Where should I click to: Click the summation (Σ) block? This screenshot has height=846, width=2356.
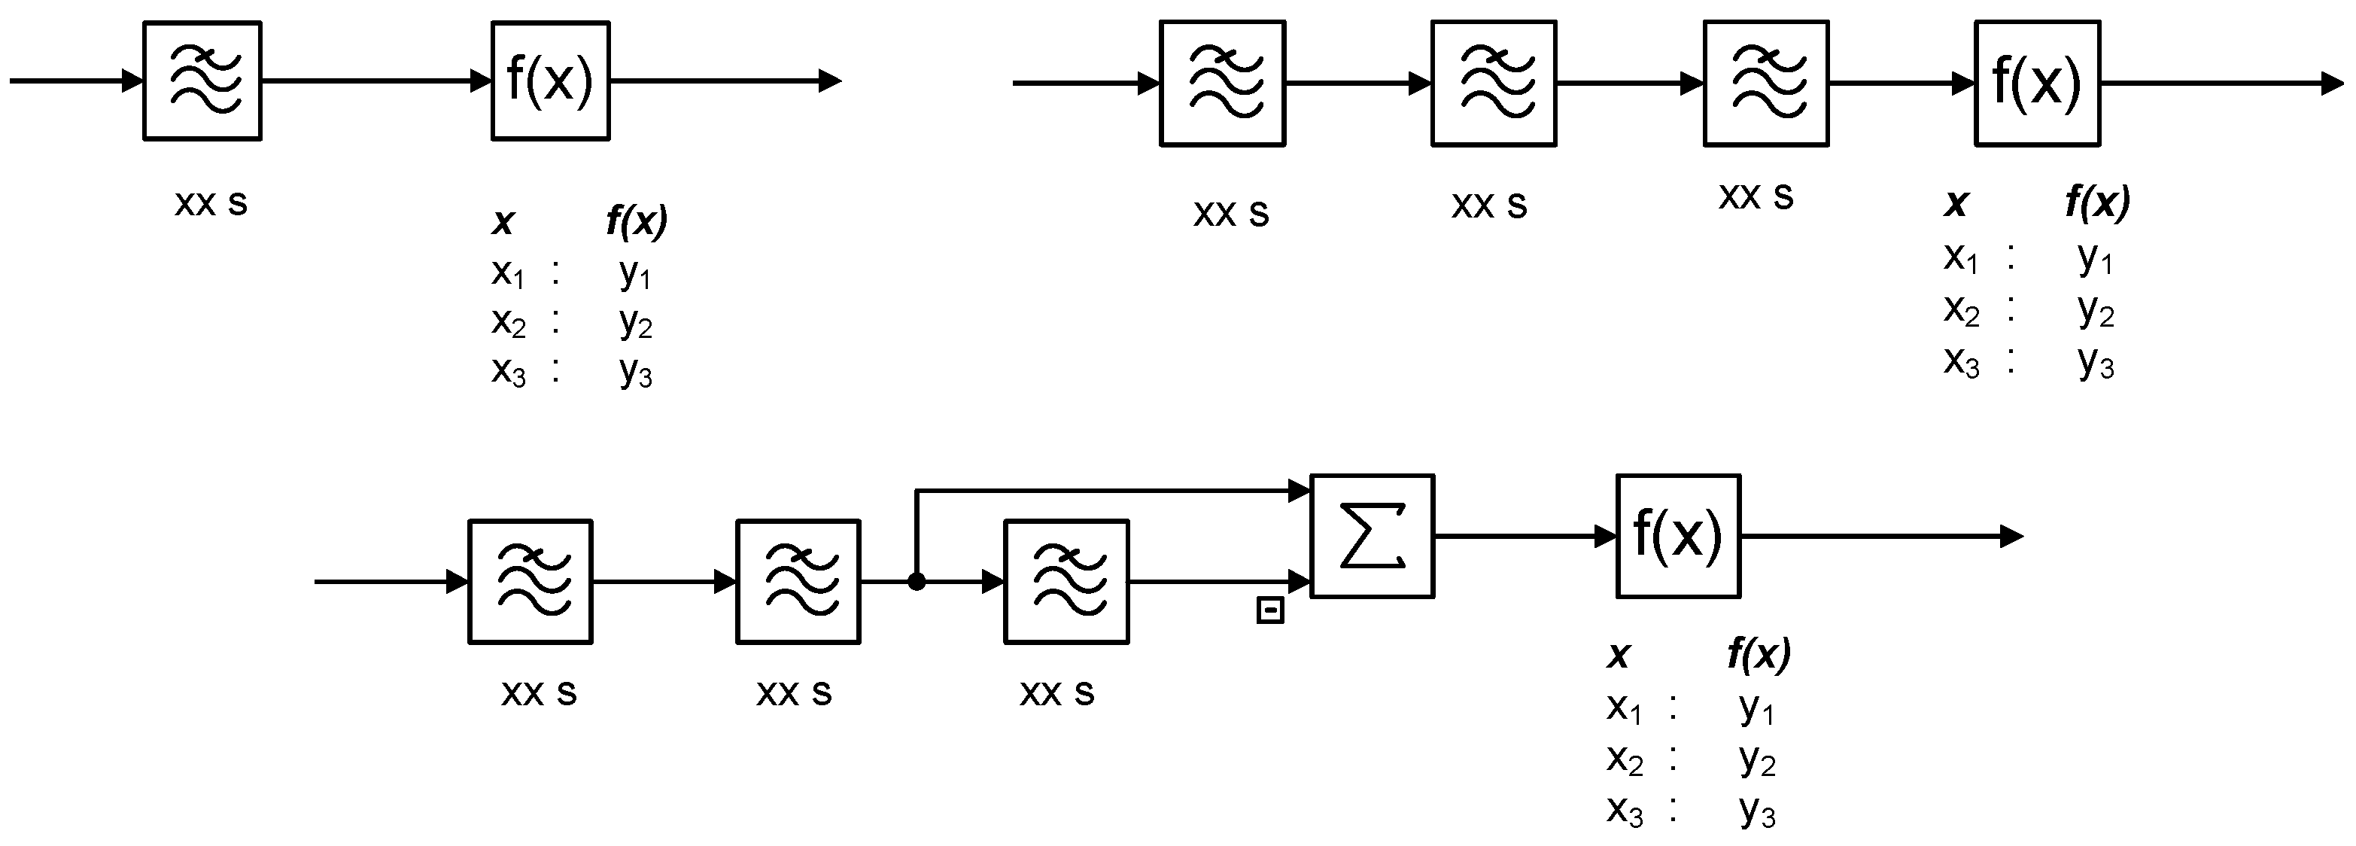1372,536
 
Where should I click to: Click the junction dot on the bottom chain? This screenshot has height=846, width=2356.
917,582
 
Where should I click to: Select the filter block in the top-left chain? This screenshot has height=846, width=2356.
202,81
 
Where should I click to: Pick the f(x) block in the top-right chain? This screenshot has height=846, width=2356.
2037,84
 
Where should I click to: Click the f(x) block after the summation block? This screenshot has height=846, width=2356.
1677,536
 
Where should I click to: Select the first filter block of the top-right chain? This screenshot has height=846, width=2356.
1222,84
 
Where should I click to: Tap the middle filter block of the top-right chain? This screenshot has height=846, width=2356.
1494,84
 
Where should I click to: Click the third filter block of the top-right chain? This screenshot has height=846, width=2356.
1765,84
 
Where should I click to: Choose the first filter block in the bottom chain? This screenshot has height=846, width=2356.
530,582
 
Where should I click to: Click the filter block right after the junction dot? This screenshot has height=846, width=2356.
1066,582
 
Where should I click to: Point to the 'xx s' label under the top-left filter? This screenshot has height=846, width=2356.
211,202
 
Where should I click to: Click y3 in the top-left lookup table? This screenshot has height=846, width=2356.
636,371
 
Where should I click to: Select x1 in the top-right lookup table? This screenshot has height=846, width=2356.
1961,258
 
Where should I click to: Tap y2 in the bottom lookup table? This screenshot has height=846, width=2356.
1757,759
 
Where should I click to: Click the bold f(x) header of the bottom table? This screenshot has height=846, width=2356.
1758,654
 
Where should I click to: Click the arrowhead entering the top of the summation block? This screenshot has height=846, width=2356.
1300,491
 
